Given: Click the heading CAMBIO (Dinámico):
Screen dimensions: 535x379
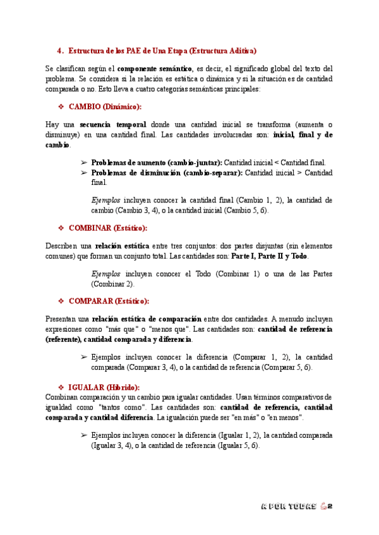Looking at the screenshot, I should click(x=105, y=107).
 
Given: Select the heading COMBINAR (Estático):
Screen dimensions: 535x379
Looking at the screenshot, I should click(x=109, y=228).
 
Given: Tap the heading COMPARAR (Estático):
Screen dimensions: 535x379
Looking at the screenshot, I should click(x=109, y=301).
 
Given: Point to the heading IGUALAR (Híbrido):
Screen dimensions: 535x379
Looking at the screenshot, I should click(x=104, y=387).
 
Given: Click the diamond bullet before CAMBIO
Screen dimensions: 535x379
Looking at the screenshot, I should click(x=61, y=107).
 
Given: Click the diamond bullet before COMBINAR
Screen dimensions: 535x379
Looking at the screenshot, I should click(x=61, y=228).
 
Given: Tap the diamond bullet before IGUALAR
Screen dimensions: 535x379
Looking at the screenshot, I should click(x=61, y=387).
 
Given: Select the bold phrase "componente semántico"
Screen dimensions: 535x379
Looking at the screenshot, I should click(x=155, y=68).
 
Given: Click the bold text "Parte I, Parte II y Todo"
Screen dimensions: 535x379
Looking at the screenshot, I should click(x=270, y=256).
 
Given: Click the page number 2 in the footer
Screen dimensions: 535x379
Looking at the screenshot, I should click(x=330, y=507).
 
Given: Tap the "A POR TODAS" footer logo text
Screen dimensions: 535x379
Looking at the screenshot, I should click(x=288, y=507).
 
